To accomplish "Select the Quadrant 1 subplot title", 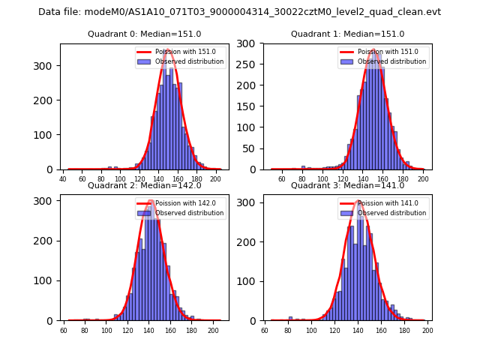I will [x=348, y=34].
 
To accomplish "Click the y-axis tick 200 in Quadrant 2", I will [x=46, y=241].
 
